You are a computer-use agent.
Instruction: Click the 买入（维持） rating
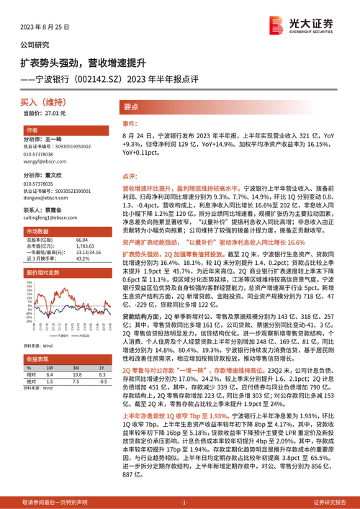(43, 103)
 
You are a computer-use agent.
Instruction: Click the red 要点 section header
(132, 107)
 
